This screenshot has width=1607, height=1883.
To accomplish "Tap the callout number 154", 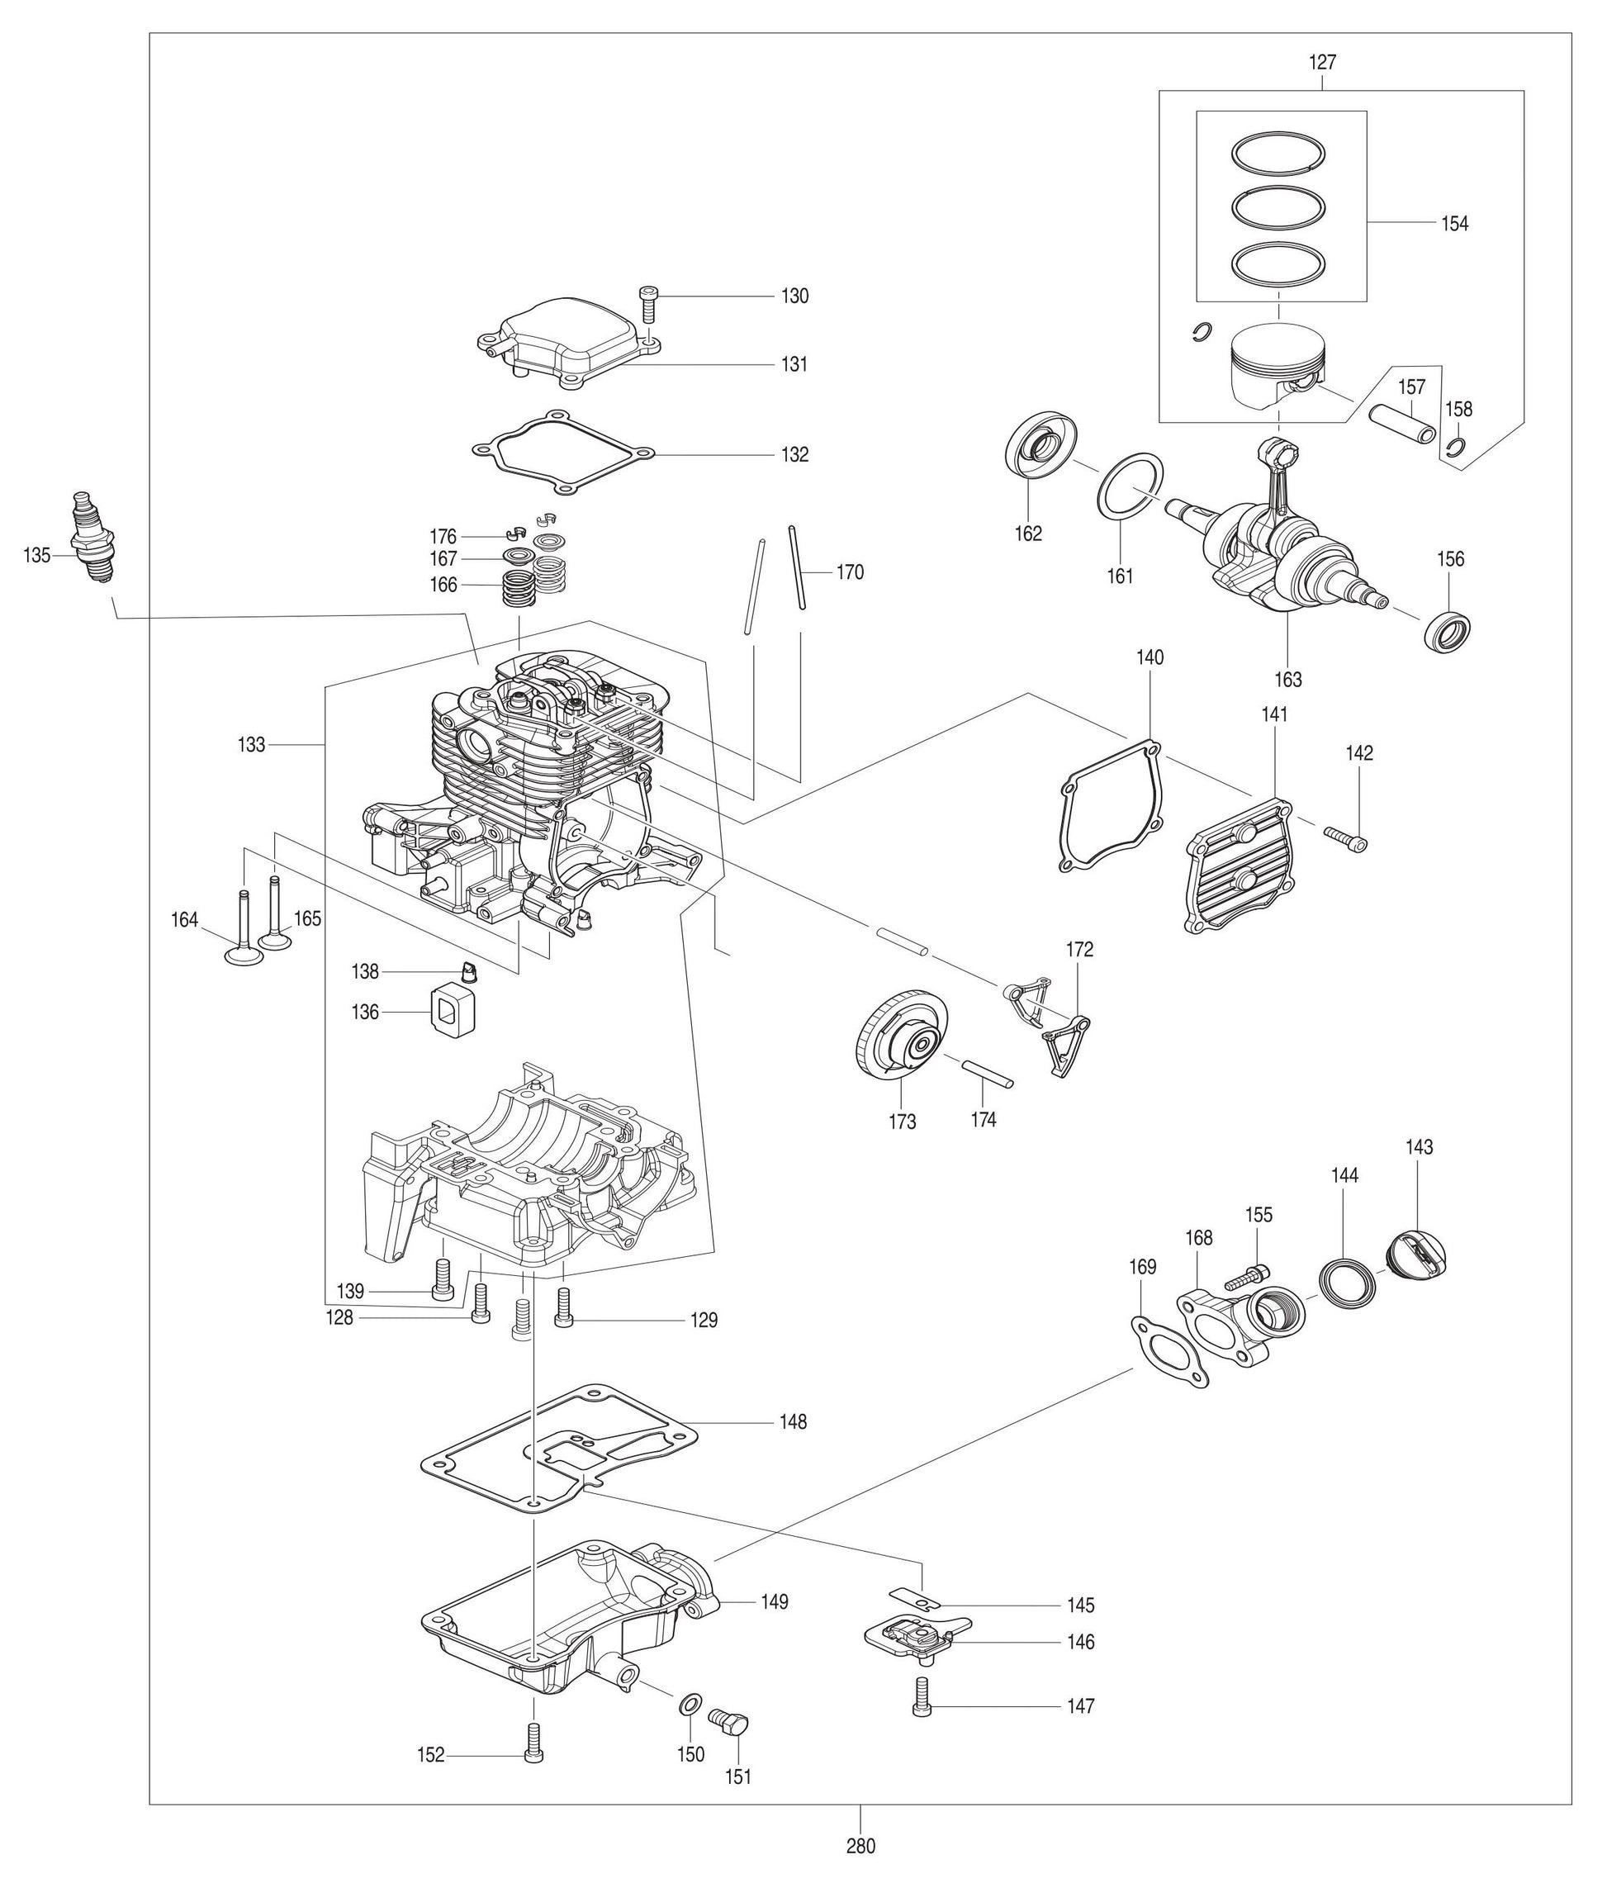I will (1454, 224).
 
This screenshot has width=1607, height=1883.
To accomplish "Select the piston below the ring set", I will (1278, 365).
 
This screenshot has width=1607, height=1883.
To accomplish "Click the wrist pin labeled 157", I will (1402, 424).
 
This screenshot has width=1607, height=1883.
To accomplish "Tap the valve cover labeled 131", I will (569, 341).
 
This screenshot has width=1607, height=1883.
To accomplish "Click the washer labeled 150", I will (689, 1702).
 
